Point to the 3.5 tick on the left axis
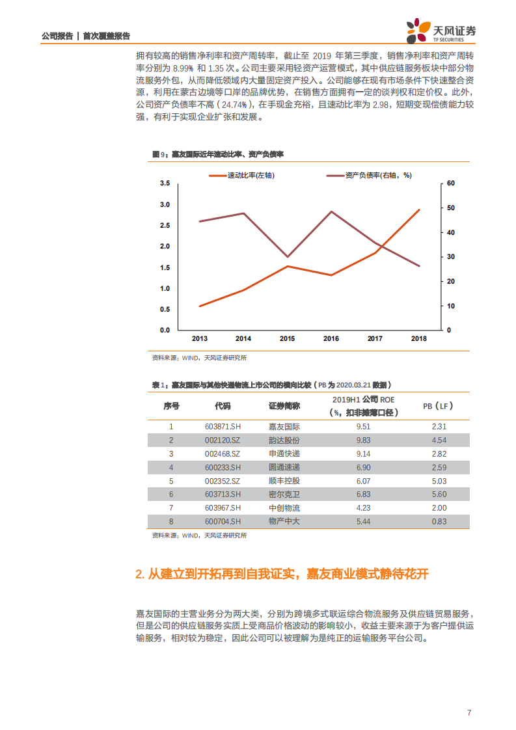(x=165, y=184)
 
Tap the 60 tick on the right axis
(x=451, y=184)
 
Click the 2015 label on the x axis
(x=287, y=339)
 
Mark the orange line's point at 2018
(x=419, y=210)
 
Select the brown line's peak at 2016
(x=331, y=211)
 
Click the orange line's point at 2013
(x=199, y=306)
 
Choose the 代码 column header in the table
(x=223, y=406)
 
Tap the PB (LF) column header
(x=438, y=406)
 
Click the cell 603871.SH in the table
(x=223, y=427)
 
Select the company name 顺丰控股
(x=284, y=481)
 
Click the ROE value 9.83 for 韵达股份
(x=364, y=440)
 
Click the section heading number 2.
(x=139, y=575)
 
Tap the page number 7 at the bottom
(x=468, y=712)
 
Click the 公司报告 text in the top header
(x=57, y=36)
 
